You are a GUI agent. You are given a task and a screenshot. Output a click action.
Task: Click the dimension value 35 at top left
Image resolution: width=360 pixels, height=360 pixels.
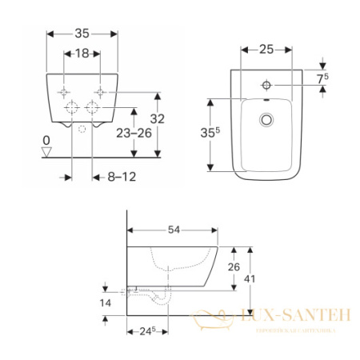pos(82,34)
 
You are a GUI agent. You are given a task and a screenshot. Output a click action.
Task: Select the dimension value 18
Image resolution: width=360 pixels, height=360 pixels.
pos(82,54)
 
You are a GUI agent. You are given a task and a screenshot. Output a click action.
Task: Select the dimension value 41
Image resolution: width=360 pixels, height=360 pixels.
pos(261,279)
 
